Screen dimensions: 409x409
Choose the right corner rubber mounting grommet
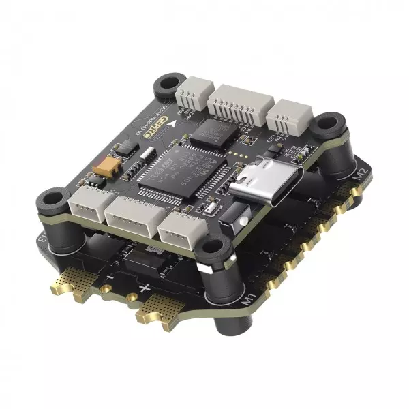pos(331,125)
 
